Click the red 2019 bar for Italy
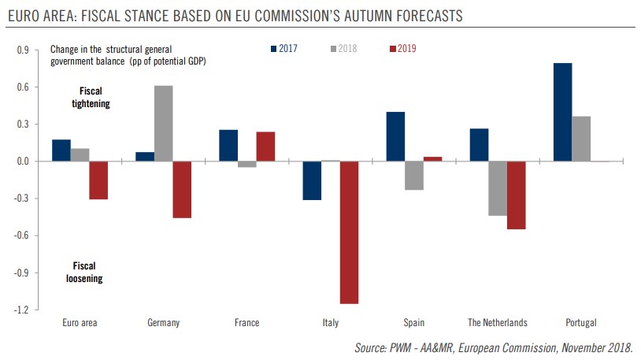pos(349,232)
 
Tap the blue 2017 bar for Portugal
pos(562,112)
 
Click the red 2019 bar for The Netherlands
pos(517,195)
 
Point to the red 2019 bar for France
pos(265,147)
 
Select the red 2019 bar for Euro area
pos(98,180)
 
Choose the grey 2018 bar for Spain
pos(414,176)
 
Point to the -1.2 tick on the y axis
pos(22,310)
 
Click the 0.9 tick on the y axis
pos(24,50)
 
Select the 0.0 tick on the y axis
pos(24,161)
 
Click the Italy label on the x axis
pos(330,323)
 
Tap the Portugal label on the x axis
pos(581,323)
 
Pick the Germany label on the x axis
pos(163,323)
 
